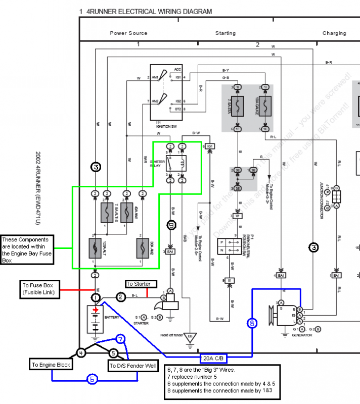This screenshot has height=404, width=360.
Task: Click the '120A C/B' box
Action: pos(213,359)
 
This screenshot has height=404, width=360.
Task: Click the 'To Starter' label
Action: pos(139,284)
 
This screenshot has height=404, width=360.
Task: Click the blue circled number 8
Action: pos(252,323)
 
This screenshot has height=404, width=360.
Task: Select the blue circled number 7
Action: pos(119,339)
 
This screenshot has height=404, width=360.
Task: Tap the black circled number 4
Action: pos(81,353)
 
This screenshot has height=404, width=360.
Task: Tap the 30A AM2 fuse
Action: pos(143,247)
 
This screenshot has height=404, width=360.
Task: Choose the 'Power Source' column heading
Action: pos(128,33)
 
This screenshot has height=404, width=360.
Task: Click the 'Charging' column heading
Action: pos(334,33)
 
